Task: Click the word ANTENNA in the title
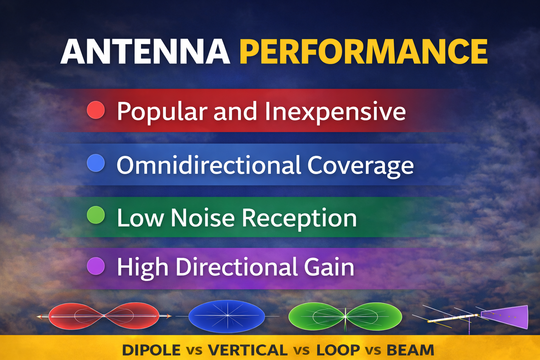tap(145, 52)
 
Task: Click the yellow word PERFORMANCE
tap(364, 52)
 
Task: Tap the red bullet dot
tap(96, 110)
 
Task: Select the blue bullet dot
tap(96, 163)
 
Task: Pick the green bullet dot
tap(96, 215)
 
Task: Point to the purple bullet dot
tap(96, 266)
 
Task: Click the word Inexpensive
tap(335, 111)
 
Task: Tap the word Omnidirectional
tap(209, 165)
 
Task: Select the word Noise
tap(202, 218)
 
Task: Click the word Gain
tap(329, 267)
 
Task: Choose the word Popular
tap(162, 111)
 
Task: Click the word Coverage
tap(360, 166)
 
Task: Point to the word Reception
tap(299, 218)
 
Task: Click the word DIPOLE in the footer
tap(151, 350)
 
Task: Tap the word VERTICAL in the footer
tap(247, 350)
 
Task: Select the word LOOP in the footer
tap(338, 350)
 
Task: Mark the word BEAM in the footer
tap(410, 350)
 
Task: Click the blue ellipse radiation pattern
tap(227, 316)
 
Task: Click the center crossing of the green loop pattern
tap(345, 316)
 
